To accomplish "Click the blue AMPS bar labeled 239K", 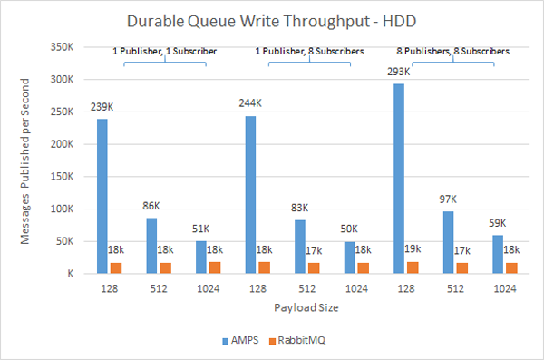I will click(x=102, y=196).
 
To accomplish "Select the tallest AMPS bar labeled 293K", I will click(x=399, y=179).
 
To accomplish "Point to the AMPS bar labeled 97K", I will click(x=448, y=241).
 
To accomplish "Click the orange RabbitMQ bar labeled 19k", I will click(x=413, y=267).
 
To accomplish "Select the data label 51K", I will click(x=200, y=229).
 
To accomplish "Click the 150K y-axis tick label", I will click(x=59, y=176).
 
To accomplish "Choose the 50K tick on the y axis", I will click(x=62, y=240).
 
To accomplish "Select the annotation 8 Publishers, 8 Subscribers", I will click(x=452, y=52).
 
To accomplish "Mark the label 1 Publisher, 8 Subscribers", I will click(x=305, y=52).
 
